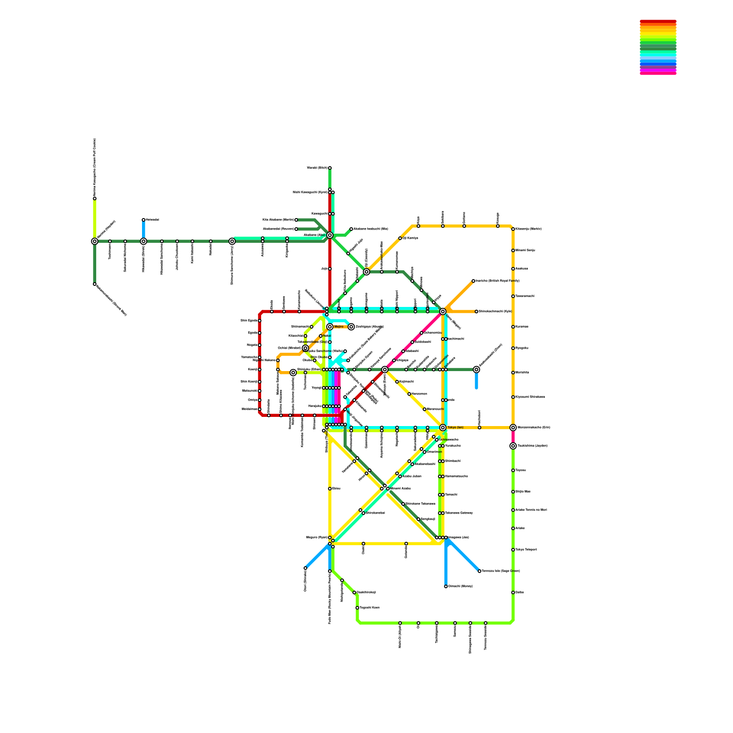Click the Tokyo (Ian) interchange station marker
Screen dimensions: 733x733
point(443,427)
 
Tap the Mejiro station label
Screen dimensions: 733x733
point(339,327)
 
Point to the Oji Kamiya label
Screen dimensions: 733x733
point(410,238)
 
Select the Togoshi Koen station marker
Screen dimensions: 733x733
point(357,608)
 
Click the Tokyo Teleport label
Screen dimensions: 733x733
point(526,550)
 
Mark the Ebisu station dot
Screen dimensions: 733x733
point(330,489)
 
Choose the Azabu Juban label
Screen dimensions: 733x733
point(411,476)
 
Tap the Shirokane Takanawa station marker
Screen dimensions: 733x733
point(403,504)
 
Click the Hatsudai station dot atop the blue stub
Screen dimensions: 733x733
point(143,220)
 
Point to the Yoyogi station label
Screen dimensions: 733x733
point(316,388)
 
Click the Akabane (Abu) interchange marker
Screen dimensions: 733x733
point(330,235)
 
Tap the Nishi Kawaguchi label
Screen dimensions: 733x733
point(310,192)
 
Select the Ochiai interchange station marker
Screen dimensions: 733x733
point(306,348)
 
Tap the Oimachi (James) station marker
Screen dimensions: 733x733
point(446,586)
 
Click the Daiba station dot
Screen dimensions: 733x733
point(513,592)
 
